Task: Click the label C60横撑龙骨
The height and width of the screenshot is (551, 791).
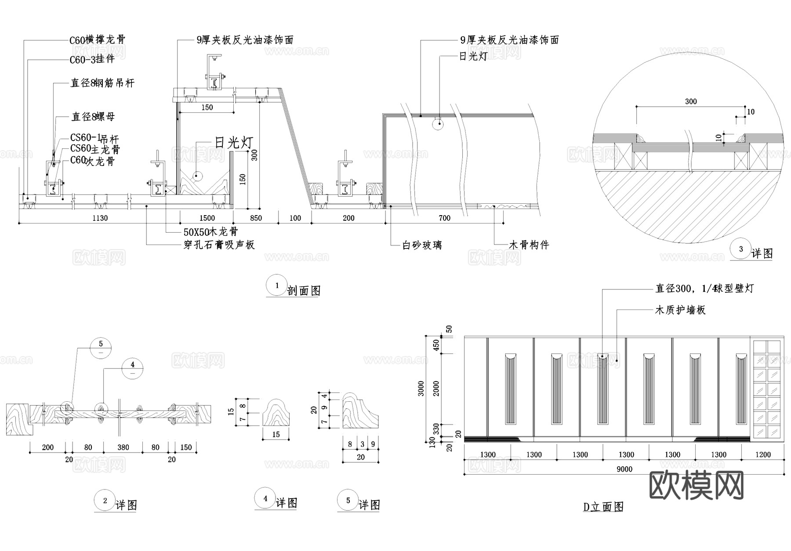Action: pos(98,40)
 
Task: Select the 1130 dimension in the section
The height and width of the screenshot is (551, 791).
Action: pos(100,218)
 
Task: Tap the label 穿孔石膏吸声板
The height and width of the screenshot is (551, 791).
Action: pos(219,245)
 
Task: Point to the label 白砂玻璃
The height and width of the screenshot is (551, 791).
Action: pos(422,245)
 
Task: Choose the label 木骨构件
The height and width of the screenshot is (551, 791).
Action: pos(529,245)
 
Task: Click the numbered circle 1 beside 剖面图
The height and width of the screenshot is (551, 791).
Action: pos(277,285)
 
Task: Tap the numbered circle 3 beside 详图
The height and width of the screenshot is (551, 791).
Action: pos(741,249)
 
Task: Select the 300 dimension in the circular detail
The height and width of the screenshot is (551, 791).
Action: pos(691,101)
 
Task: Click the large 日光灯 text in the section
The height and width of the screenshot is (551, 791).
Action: pos(234,142)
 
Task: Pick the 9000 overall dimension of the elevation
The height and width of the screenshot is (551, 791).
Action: pos(624,469)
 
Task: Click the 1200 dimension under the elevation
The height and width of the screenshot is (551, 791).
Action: pos(763,455)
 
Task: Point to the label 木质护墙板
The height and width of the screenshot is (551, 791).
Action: pos(680,310)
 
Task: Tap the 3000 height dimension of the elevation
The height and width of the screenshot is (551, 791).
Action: pos(421,388)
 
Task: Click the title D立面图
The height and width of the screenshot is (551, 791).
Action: pos(603,507)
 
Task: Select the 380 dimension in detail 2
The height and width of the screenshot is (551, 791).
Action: pos(123,447)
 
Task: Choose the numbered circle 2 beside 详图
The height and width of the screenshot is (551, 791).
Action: pos(105,501)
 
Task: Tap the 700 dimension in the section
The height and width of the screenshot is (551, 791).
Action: pos(444,218)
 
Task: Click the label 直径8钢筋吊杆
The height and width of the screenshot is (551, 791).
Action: pos(102,83)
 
